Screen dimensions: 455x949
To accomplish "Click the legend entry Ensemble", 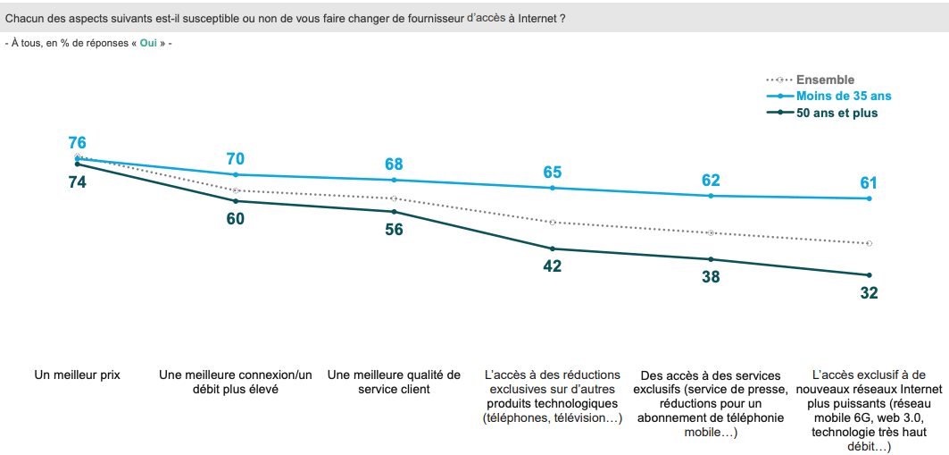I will [x=825, y=80].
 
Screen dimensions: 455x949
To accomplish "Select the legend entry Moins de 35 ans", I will [x=844, y=96].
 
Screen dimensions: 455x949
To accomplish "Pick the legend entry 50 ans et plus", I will [x=837, y=113].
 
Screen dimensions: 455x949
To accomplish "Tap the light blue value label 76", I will [x=78, y=143].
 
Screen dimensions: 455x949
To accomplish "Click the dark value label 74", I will [x=78, y=181].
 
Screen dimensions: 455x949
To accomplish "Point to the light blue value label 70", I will [x=236, y=159].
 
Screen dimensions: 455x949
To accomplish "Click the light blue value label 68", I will [x=394, y=164].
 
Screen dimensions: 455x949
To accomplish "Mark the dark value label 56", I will [x=394, y=229].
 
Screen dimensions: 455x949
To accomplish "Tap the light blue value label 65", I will [x=553, y=173].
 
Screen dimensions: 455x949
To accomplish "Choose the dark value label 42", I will [x=553, y=265].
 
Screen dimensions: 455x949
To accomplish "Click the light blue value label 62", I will [x=711, y=181].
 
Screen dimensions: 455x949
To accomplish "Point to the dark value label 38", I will [x=711, y=277].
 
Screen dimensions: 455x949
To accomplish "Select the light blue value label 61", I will [x=869, y=183].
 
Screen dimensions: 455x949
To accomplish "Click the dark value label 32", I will [x=869, y=292].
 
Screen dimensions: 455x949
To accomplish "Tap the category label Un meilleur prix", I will [x=78, y=375].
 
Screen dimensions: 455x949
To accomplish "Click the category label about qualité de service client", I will [x=394, y=382].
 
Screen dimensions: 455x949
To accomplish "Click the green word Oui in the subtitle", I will [x=148, y=43].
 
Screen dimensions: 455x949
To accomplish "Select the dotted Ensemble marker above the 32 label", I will [x=869, y=243].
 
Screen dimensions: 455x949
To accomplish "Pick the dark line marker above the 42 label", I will [x=553, y=249].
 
